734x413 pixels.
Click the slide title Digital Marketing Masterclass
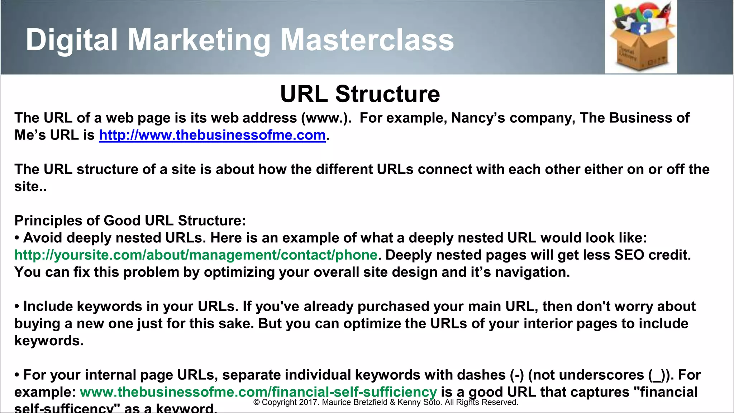tap(239, 40)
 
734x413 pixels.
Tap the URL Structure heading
tap(360, 94)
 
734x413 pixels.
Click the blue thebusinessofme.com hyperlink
tap(212, 135)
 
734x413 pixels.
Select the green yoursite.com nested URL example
tap(196, 255)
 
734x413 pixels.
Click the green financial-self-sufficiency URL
tap(258, 392)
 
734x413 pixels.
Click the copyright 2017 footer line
tap(386, 402)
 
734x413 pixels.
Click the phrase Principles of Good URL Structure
tap(130, 220)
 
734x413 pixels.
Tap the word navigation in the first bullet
tap(532, 272)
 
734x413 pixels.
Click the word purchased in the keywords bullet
tap(393, 307)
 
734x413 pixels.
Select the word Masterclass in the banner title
tap(367, 40)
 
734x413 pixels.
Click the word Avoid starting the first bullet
tap(43, 238)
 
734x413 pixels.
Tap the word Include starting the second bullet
tap(48, 307)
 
